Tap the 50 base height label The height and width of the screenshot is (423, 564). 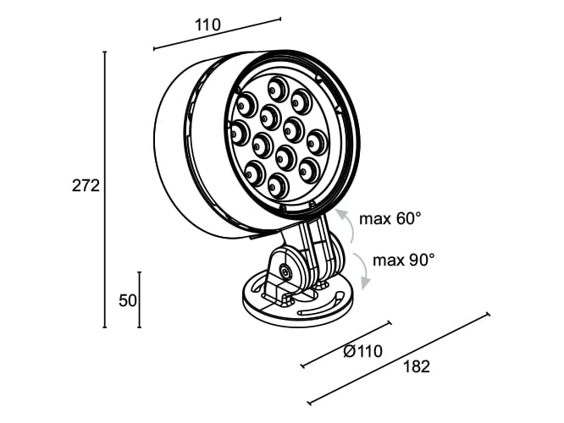pyautogui.click(x=128, y=300)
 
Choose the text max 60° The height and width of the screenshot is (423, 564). pyautogui.click(x=390, y=219)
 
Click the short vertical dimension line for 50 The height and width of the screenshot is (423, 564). pyautogui.click(x=139, y=299)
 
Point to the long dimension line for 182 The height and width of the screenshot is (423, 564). pyautogui.click(x=399, y=360)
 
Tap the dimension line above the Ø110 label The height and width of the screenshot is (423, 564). pyautogui.click(x=346, y=344)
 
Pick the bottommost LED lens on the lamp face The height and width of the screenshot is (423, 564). pyautogui.click(x=278, y=183)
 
